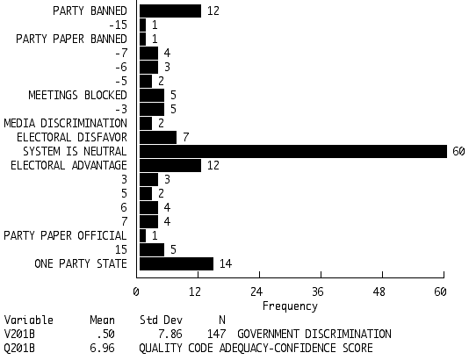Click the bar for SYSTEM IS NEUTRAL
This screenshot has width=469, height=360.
[x=293, y=152]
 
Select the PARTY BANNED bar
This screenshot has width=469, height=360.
[x=170, y=11]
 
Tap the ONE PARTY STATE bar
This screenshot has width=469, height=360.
[x=177, y=263]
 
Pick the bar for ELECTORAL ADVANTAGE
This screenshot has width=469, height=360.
[x=170, y=165]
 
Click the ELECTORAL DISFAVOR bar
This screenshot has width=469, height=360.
[x=158, y=138]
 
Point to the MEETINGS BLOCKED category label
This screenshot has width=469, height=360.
[x=78, y=96]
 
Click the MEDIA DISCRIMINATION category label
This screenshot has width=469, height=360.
[x=66, y=124]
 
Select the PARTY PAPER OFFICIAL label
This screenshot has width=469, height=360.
[x=65, y=235]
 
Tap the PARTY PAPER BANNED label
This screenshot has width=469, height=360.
[x=71, y=40]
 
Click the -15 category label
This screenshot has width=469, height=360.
[x=119, y=25]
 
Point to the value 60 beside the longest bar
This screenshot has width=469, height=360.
[x=458, y=152]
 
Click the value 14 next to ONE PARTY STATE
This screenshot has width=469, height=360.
[x=226, y=263]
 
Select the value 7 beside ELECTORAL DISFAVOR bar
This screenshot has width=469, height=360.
[x=185, y=138]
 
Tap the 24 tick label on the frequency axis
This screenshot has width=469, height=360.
[x=256, y=292]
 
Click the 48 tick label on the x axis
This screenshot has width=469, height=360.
[x=379, y=292]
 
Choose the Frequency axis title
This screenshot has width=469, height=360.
[x=290, y=306]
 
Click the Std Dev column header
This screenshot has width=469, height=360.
[x=161, y=320]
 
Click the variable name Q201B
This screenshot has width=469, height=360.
[x=19, y=349]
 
